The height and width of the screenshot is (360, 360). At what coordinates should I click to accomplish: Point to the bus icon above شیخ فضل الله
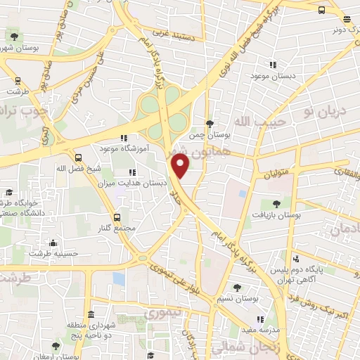coord(78,158)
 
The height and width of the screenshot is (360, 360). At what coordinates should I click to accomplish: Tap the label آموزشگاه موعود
coord(96,150)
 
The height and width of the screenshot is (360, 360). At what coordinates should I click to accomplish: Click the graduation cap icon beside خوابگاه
coord(9,192)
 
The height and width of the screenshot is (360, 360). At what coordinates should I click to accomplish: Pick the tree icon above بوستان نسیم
coord(237,288)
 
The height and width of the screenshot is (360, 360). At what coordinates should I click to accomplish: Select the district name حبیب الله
coord(250,122)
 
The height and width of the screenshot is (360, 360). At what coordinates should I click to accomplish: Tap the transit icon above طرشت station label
coord(16,79)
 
